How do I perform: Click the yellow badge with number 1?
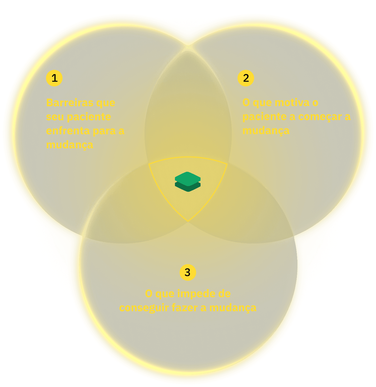pos(54,78)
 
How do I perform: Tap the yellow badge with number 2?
pos(246,78)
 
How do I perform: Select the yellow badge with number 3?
pos(188,272)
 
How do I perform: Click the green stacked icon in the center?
pos(188,181)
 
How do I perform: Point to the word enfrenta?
pos(68,131)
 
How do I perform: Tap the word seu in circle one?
pos(55,117)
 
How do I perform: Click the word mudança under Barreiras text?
pos(70,145)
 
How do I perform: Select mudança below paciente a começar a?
pos(266,131)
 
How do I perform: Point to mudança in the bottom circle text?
pos(233,308)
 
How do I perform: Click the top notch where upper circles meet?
pos(188,43)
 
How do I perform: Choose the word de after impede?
pos(224,294)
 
